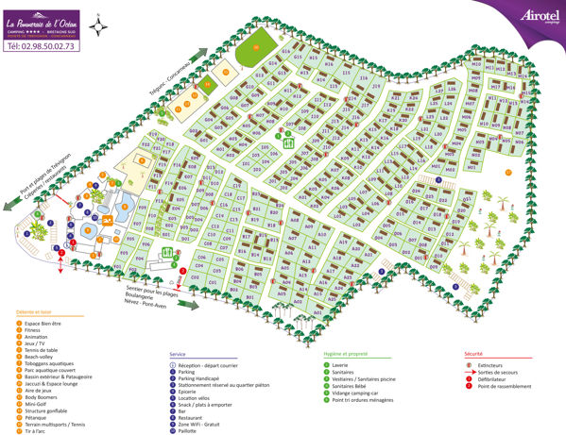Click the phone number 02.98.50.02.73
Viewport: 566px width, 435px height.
pyautogui.click(x=41, y=43)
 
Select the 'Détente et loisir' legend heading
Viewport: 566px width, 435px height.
pyautogui.click(x=34, y=311)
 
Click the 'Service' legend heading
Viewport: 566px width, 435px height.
pyautogui.click(x=178, y=354)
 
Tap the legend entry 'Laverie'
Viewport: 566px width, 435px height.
pyautogui.click(x=343, y=363)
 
